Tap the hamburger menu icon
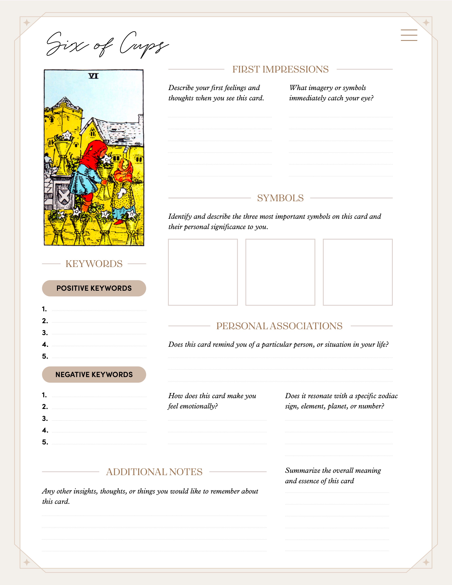pyautogui.click(x=409, y=35)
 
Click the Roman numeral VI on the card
pyautogui.click(x=93, y=76)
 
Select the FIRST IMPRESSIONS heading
pyautogui.click(x=280, y=69)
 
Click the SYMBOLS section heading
pyautogui.click(x=280, y=198)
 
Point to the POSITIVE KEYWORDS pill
pyautogui.click(x=94, y=288)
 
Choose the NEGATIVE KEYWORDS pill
pyautogui.click(x=94, y=374)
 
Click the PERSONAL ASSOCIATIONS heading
pyautogui.click(x=279, y=326)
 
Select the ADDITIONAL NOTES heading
pyautogui.click(x=154, y=472)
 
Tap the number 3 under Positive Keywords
pyautogui.click(x=45, y=333)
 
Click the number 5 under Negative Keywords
pyautogui.click(x=45, y=442)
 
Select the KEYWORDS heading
pyautogui.click(x=94, y=264)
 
